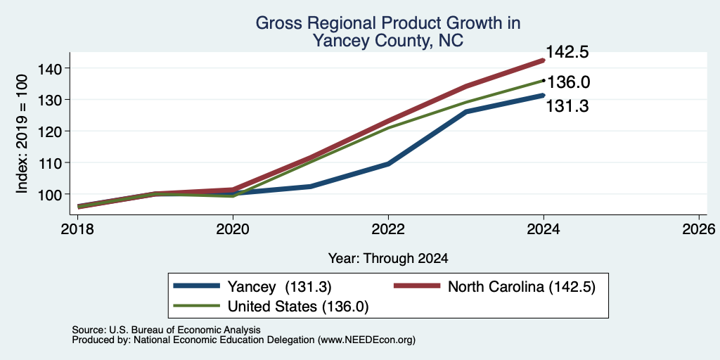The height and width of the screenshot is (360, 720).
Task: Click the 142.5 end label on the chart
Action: (x=567, y=52)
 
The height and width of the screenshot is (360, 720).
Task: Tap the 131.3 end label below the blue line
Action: (x=567, y=107)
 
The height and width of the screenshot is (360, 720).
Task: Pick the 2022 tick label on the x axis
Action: (x=388, y=229)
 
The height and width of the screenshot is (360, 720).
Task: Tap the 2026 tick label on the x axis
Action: (x=699, y=229)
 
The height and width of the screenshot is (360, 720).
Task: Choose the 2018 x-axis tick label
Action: (x=77, y=229)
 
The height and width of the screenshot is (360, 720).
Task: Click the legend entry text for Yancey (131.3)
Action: (x=280, y=287)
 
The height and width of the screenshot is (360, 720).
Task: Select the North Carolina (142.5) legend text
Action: (x=522, y=287)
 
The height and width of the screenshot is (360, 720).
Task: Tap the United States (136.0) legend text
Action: (x=298, y=307)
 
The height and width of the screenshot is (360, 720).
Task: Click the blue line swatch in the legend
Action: (x=197, y=286)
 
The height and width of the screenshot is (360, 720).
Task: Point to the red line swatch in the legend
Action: (x=417, y=286)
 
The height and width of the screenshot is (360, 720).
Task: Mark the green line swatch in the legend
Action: (x=197, y=305)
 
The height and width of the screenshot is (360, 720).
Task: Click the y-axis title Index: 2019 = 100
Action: (x=22, y=134)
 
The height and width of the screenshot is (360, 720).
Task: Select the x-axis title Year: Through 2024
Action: (x=388, y=259)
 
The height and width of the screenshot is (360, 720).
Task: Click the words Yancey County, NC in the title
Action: (x=388, y=41)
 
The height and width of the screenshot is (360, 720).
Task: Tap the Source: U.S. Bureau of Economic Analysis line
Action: (x=166, y=330)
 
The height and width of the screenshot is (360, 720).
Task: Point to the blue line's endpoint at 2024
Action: (x=544, y=95)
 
